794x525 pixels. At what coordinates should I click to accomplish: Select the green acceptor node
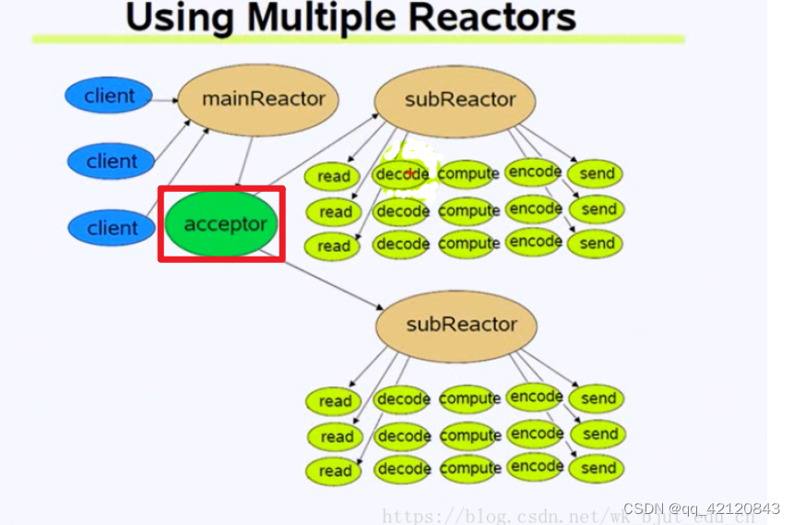pyautogui.click(x=223, y=224)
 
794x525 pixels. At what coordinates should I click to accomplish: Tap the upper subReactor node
pyautogui.click(x=459, y=100)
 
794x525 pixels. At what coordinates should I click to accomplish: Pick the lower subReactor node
pyautogui.click(x=461, y=325)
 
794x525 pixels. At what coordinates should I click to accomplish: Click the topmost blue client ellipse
pyautogui.click(x=109, y=96)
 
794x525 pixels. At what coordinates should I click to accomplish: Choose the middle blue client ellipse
pyautogui.click(x=112, y=161)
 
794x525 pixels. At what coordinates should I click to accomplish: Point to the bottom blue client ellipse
pyautogui.click(x=112, y=228)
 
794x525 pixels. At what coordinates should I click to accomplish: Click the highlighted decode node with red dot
pyautogui.click(x=402, y=173)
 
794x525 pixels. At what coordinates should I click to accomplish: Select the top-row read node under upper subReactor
pyautogui.click(x=334, y=175)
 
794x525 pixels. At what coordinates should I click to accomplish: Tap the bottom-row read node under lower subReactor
pyautogui.click(x=335, y=471)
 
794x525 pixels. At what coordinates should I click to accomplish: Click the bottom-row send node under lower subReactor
pyautogui.click(x=597, y=469)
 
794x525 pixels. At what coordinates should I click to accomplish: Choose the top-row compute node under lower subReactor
pyautogui.click(x=469, y=399)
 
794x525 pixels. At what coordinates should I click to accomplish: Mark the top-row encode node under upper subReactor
pyautogui.click(x=535, y=172)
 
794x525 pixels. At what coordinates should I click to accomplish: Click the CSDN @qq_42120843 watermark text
pyautogui.click(x=702, y=509)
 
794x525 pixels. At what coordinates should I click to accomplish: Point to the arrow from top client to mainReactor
pyautogui.click(x=165, y=98)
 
